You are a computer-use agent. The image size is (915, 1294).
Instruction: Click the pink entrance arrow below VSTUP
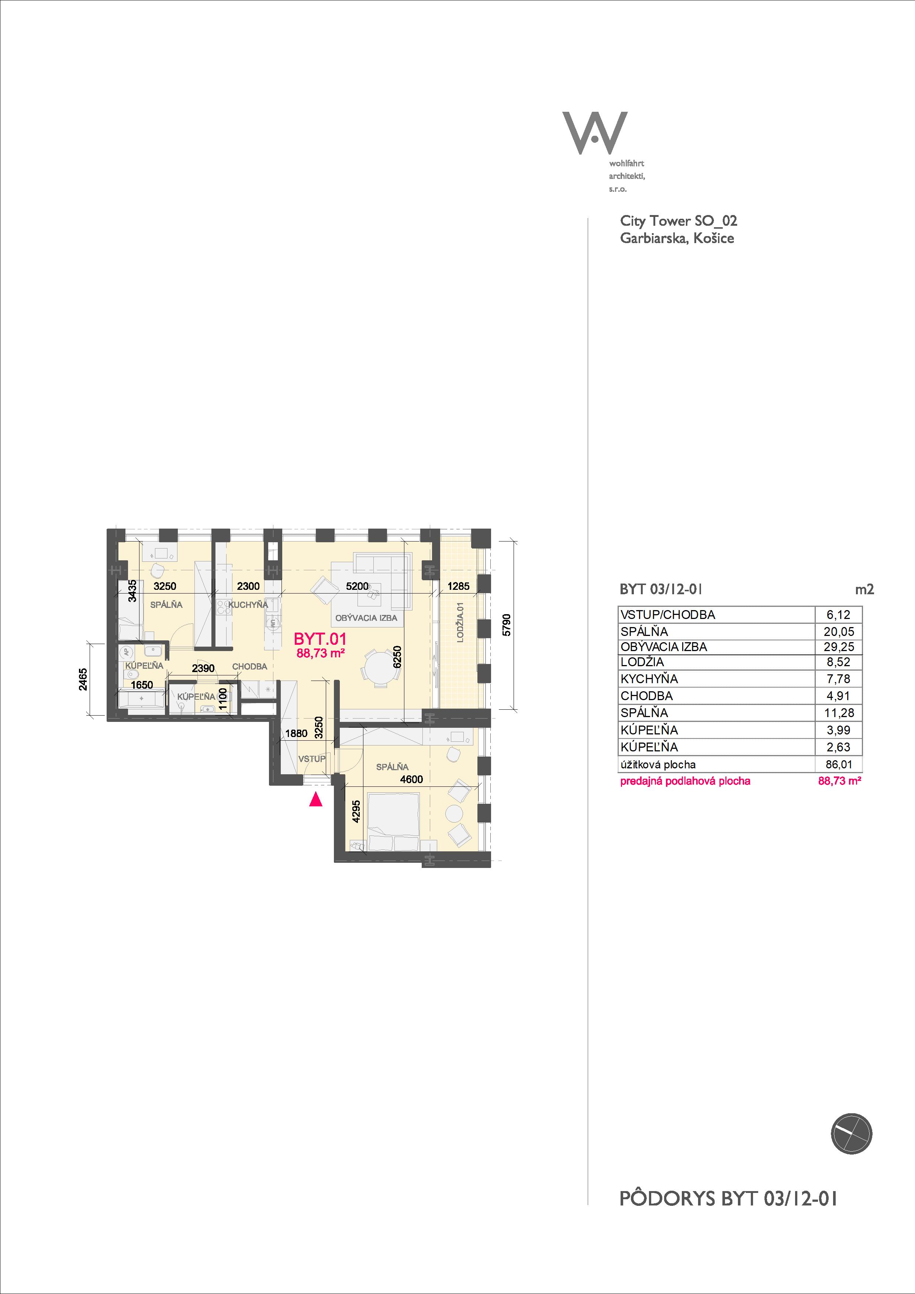tap(316, 799)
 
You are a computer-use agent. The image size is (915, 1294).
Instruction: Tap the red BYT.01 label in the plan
tap(320, 639)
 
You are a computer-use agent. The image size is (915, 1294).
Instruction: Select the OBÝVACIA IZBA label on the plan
tap(366, 618)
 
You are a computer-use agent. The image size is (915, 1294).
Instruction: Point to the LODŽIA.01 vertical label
tap(460, 622)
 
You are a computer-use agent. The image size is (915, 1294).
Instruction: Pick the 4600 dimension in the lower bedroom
tap(411, 779)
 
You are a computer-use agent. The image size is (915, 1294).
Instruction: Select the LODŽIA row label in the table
tap(642, 662)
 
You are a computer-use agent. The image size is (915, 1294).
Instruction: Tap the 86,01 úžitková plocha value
tap(839, 765)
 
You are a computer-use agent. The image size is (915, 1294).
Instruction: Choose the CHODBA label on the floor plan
tap(250, 667)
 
